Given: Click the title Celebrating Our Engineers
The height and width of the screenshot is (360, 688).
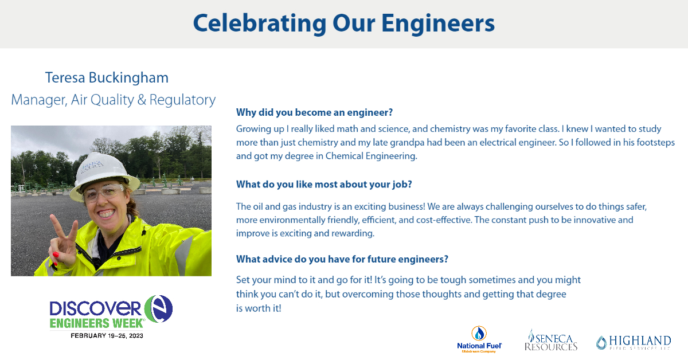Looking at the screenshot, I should coord(343,24).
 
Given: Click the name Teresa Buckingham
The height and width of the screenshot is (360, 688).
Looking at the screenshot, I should coord(107,77).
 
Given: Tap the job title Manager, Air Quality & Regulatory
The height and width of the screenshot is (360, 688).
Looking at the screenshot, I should coord(114,100).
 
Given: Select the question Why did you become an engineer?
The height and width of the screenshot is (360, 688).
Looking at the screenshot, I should coord(314,112).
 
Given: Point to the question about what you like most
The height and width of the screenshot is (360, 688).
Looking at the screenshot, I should coord(324,185).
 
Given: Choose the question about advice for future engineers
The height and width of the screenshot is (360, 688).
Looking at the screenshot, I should coord(342,259).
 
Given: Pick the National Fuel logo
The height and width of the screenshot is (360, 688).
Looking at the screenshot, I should coord(479,339).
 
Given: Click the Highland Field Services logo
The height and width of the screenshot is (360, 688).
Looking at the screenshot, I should coord(633,342).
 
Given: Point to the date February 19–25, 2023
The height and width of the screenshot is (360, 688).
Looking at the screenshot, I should coord(107,335).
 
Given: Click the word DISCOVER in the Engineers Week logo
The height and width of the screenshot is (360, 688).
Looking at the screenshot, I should coord(95,307).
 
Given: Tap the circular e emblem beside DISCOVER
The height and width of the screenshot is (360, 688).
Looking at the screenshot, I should coord(158,309).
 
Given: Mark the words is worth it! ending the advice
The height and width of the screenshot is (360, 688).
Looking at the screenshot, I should coord(259,308).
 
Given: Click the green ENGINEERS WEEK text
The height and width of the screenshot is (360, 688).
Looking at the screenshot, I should coord(96,323).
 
